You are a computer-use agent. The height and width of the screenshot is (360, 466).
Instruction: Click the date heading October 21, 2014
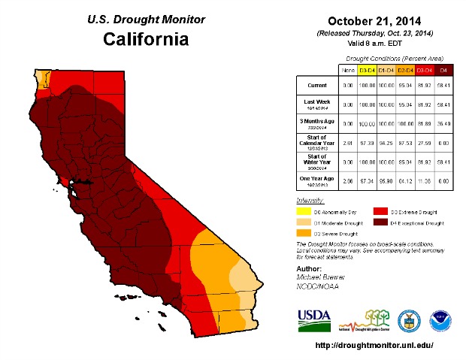[x=376, y=22]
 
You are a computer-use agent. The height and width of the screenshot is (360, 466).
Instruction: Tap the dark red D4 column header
[x=443, y=70]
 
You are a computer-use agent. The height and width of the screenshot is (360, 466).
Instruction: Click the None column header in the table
[x=348, y=70]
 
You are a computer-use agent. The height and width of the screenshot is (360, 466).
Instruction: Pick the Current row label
[x=316, y=86]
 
